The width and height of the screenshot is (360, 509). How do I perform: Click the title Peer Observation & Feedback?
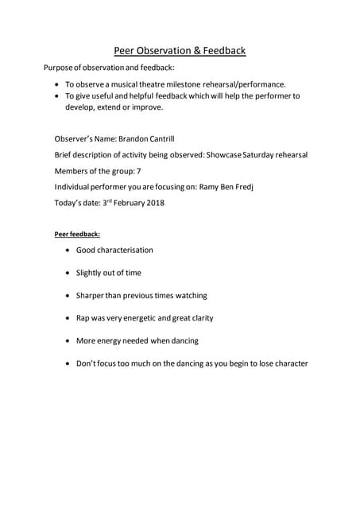tap(180, 51)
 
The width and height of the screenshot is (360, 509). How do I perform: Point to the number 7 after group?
tap(139, 171)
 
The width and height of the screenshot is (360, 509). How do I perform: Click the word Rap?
tap(83, 318)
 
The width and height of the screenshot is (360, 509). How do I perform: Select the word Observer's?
tap(76, 138)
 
